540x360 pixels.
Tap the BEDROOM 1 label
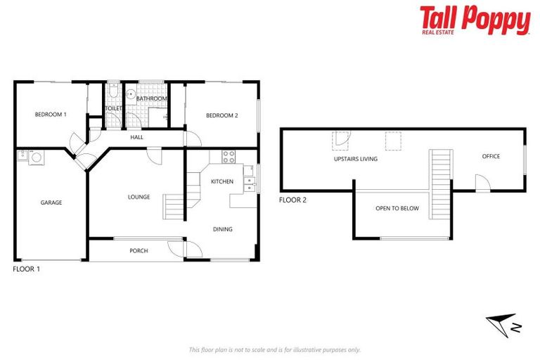51,114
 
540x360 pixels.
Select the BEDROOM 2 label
221,115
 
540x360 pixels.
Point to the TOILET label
114,108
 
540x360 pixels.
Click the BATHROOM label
152,99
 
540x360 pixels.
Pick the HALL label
136,137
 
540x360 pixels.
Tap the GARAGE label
51,202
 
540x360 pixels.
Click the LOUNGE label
139,197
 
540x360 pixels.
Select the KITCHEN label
222,182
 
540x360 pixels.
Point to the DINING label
222,229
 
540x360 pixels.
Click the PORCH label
139,251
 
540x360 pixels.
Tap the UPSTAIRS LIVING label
355,159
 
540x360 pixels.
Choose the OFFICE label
491,156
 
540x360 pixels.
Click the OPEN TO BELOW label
397,209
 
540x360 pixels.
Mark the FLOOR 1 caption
27,269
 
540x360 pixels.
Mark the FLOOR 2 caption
292,200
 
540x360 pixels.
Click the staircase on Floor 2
440,179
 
